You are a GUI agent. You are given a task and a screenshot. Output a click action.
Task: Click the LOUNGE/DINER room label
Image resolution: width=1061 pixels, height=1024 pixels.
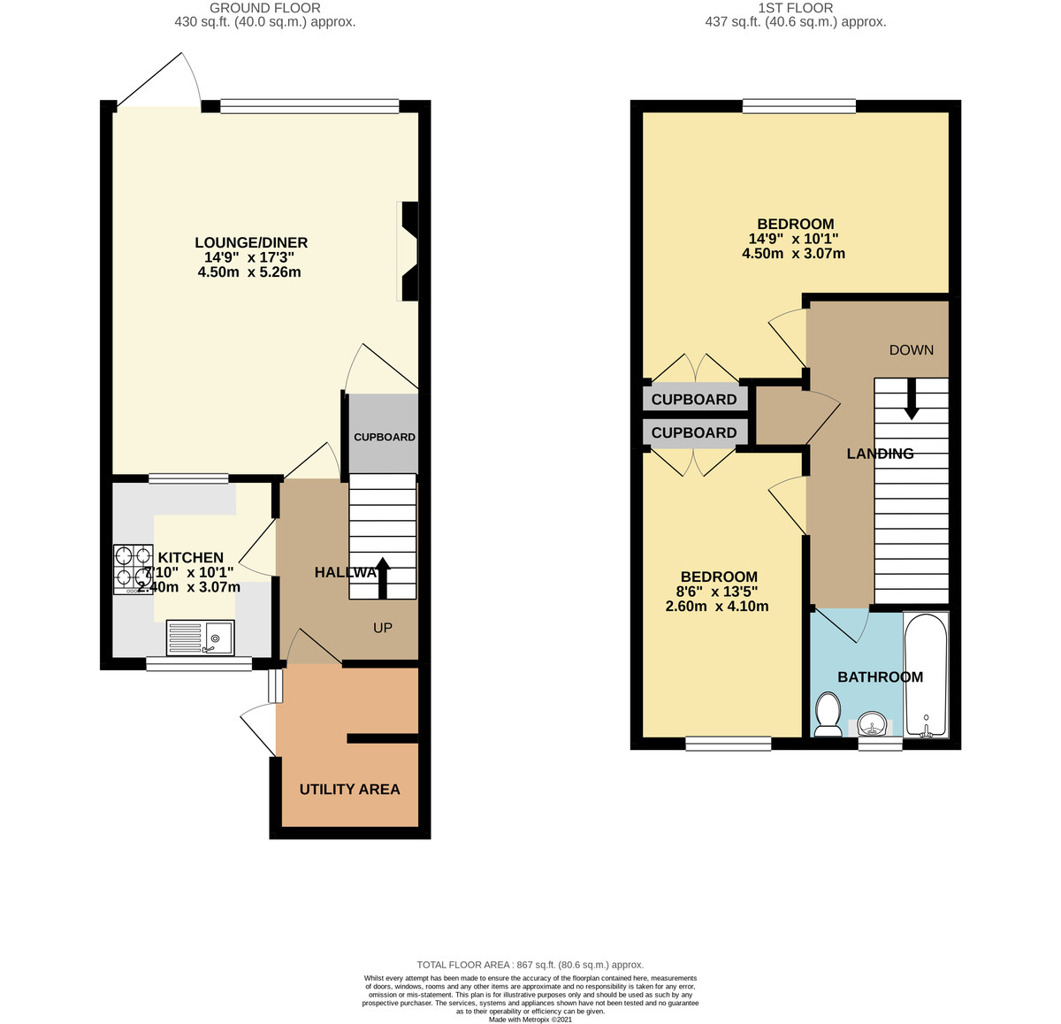(x=250, y=243)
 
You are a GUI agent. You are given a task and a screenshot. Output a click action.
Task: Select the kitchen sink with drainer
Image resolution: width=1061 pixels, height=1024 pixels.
(x=201, y=637)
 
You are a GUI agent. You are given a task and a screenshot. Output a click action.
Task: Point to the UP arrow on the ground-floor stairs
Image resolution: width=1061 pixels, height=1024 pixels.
(x=382, y=578)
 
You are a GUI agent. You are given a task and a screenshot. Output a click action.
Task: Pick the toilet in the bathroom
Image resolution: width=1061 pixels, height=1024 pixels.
(x=828, y=715)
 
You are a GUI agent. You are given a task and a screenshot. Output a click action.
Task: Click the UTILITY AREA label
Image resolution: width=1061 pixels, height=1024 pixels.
(x=349, y=790)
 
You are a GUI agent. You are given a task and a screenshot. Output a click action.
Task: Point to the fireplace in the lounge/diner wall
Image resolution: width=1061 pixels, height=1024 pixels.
(x=408, y=251)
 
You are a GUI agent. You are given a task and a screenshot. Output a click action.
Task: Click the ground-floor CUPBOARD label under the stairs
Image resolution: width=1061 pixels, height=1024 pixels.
(x=385, y=437)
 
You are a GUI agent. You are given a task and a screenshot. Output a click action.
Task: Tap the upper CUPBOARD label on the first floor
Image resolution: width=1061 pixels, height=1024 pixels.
(x=694, y=400)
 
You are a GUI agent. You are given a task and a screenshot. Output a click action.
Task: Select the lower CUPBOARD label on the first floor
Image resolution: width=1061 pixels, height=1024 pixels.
(x=694, y=432)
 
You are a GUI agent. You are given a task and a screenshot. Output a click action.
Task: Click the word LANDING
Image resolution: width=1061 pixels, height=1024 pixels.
(x=880, y=454)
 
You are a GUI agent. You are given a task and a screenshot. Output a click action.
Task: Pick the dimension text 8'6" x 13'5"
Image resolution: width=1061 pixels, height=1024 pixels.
(x=716, y=592)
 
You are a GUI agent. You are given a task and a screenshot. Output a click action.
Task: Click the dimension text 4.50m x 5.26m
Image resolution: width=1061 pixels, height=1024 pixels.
(x=250, y=272)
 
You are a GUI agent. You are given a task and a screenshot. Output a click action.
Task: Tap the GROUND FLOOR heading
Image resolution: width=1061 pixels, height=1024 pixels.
(x=265, y=8)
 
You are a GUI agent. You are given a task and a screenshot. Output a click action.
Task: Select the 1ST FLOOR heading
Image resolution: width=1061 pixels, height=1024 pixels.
(x=795, y=8)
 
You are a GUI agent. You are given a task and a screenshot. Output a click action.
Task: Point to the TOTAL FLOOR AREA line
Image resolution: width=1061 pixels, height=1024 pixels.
(x=530, y=965)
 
